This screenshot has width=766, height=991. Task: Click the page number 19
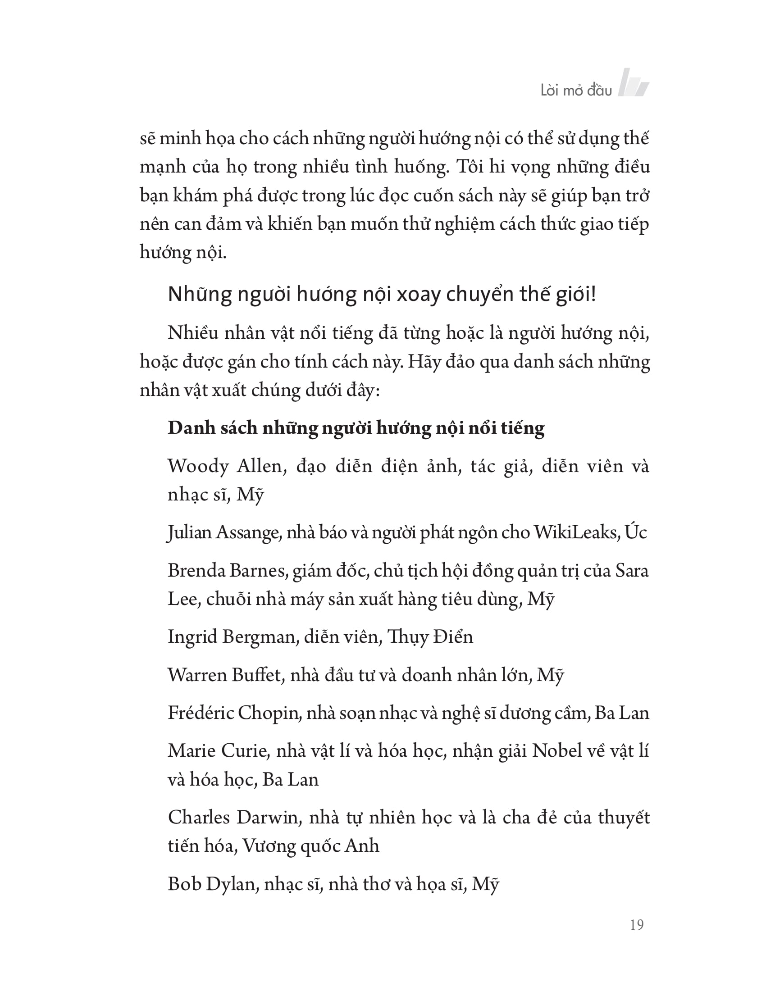pyautogui.click(x=636, y=925)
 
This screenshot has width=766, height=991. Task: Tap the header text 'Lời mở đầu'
pyautogui.click(x=576, y=90)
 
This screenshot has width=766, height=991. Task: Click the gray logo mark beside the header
pyautogui.click(x=634, y=82)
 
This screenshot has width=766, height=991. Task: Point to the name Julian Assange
pyautogui.click(x=223, y=532)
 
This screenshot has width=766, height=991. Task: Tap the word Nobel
pyautogui.click(x=557, y=750)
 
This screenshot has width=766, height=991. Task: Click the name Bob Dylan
pyautogui.click(x=211, y=884)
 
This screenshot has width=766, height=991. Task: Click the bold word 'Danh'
pyautogui.click(x=190, y=427)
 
